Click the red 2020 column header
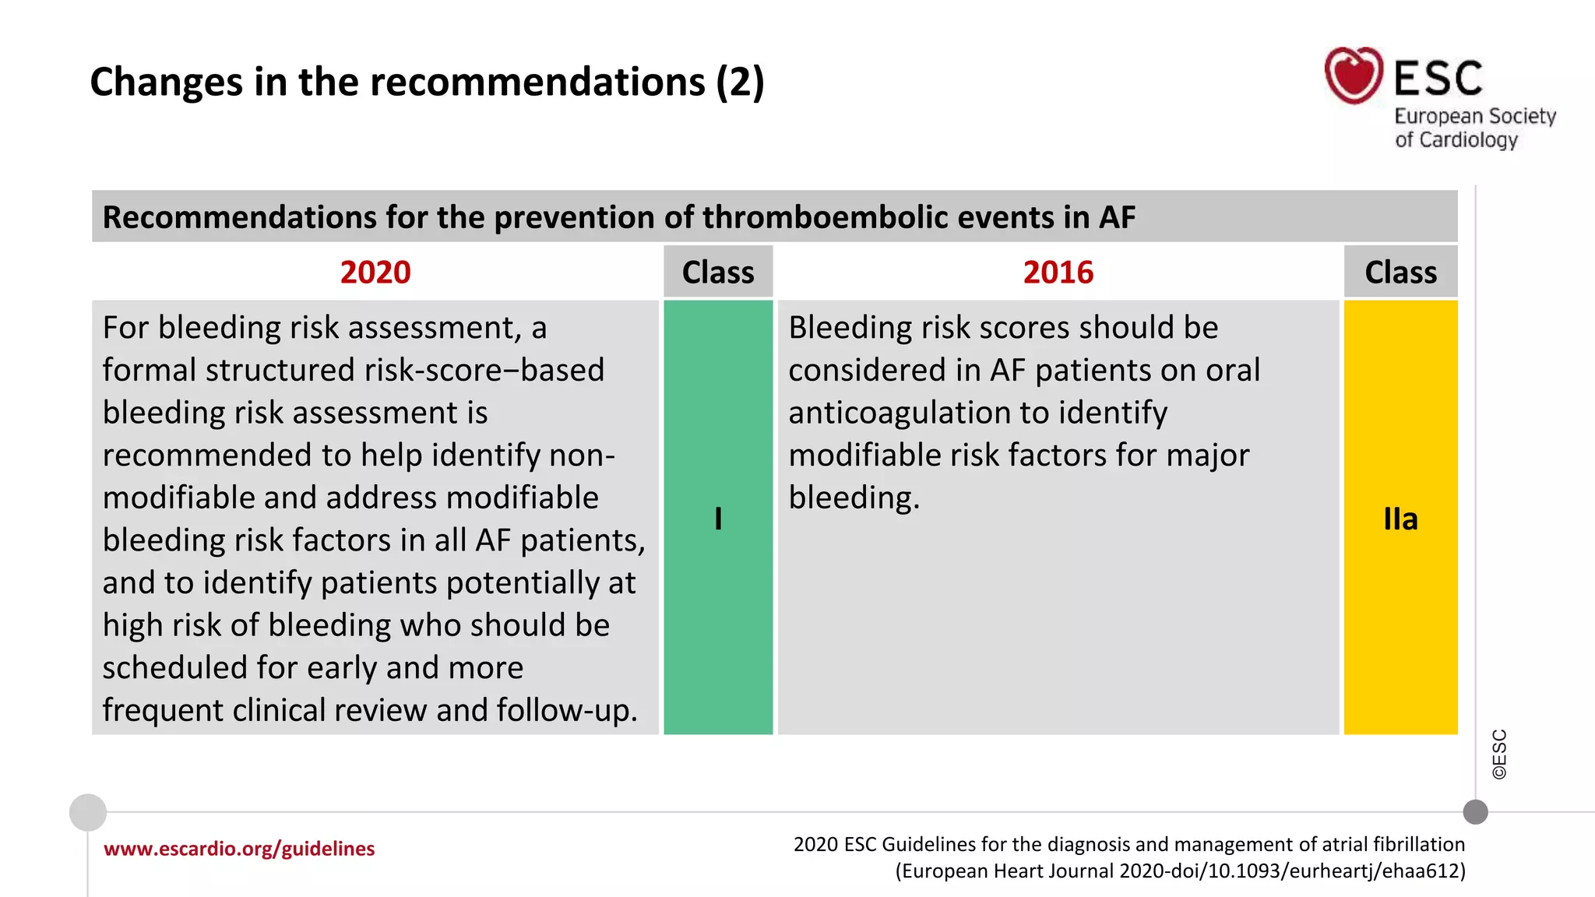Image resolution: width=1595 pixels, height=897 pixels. pos(375,273)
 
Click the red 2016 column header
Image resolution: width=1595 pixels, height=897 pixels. pos(1058,273)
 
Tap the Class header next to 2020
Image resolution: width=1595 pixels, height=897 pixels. pos(717,273)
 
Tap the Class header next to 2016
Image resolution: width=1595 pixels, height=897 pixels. pos(1400,273)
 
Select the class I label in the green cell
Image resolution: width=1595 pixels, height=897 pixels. pos(717,519)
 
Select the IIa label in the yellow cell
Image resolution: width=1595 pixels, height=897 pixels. pos(1400,519)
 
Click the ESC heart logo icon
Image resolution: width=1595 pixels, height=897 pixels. pos(1354,76)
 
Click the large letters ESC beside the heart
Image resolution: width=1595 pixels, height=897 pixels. pos(1438,78)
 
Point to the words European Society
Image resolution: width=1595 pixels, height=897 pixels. pos(1474,116)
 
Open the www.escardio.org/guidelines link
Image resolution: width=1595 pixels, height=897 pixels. pos(239,848)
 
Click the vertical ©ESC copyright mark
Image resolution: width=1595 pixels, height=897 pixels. pos(1499,754)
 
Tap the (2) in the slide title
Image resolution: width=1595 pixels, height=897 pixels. pos(740,82)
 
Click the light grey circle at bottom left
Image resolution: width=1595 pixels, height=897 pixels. pos(88,812)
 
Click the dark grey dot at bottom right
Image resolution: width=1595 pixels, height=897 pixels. pos(1475,812)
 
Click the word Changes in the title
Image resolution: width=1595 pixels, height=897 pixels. pos(166,82)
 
